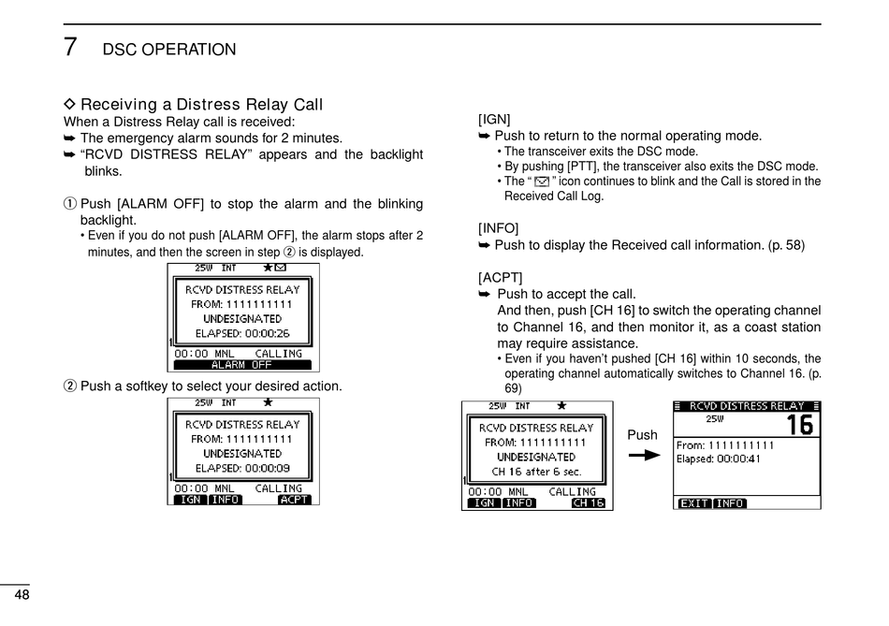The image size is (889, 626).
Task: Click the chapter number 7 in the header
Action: pos(71,47)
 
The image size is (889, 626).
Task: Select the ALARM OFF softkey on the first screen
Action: pos(241,366)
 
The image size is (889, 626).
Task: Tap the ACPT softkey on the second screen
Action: pos(294,500)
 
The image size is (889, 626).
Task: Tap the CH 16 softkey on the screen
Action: pos(588,503)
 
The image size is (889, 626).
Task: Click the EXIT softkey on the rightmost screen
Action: pos(693,503)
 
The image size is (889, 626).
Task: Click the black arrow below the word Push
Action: pos(644,457)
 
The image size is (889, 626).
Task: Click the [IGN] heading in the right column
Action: pos(494,119)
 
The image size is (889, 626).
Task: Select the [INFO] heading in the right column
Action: pos(498,228)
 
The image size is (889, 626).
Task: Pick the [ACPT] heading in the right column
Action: pos(500,278)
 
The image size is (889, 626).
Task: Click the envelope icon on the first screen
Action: pos(281,268)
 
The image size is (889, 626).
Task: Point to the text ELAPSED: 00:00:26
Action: pos(242,333)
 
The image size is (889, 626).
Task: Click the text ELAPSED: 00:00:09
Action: pos(242,468)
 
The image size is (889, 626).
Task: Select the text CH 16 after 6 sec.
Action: pos(536,472)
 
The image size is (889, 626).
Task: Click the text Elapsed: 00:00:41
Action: pos(719,459)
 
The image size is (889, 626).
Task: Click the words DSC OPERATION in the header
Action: pos(169,50)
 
